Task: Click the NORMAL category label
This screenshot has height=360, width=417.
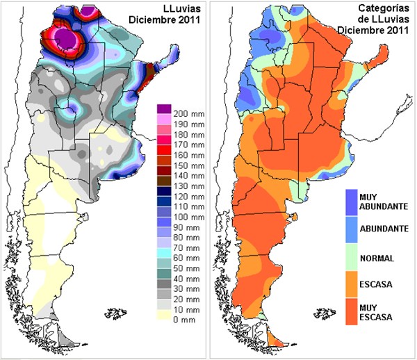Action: tap(377, 259)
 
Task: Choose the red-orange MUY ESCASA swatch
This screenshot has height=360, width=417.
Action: tap(351, 311)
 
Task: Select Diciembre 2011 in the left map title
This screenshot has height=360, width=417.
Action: tap(172, 19)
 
